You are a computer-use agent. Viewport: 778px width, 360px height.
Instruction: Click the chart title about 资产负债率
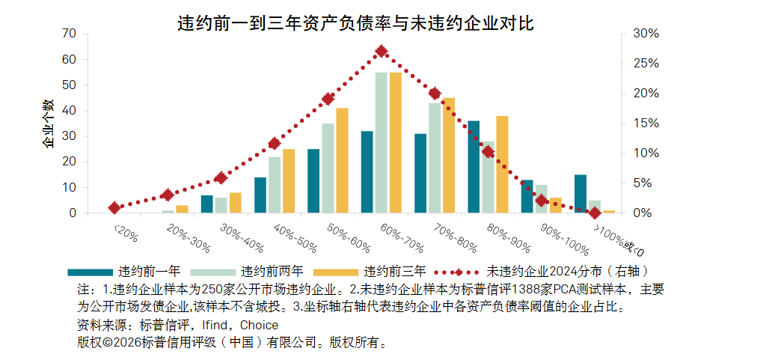[x=356, y=24]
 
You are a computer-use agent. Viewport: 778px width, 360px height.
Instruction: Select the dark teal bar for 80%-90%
[x=474, y=167]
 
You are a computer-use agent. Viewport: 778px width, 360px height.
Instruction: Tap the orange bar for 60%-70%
[x=396, y=142]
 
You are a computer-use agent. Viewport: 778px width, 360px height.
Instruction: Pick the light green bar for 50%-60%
[x=328, y=168]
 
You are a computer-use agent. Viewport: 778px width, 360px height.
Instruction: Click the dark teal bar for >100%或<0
[x=581, y=194]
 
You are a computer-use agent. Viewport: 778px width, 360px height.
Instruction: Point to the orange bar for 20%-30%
[x=182, y=209]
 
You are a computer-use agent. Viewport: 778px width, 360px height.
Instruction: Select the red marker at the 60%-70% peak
[x=382, y=51]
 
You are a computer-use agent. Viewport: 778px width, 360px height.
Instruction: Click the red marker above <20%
[x=114, y=207]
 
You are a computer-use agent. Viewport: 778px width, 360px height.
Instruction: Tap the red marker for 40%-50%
[x=275, y=144]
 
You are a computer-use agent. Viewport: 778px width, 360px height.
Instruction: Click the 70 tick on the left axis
[x=70, y=34]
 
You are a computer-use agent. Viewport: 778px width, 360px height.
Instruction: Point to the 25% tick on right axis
[x=646, y=64]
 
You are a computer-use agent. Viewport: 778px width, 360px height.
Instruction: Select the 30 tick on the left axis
[x=70, y=136]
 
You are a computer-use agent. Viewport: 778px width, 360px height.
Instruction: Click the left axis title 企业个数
[x=48, y=123]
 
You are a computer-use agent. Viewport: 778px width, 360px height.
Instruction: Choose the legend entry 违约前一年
[x=124, y=272]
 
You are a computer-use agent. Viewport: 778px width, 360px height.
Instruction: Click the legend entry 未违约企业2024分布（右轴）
[x=542, y=272]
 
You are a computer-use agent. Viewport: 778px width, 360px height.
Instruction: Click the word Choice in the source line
[x=259, y=326]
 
